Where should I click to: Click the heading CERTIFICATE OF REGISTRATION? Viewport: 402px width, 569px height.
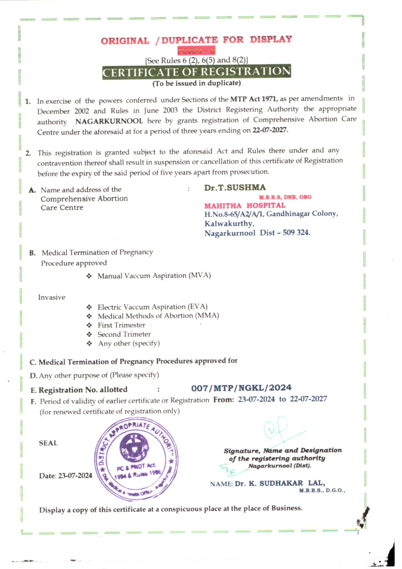pyautogui.click(x=197, y=72)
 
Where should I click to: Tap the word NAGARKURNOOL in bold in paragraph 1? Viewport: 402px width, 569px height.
pyautogui.click(x=109, y=121)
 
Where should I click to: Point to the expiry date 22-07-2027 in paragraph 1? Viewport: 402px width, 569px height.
pyautogui.click(x=270, y=130)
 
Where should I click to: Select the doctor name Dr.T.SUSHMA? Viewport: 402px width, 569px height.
pyautogui.click(x=235, y=188)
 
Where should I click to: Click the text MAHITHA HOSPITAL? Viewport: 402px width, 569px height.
pyautogui.click(x=245, y=206)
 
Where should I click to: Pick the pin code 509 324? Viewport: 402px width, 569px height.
pyautogui.click(x=296, y=233)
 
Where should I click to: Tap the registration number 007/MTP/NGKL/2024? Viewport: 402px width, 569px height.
pyautogui.click(x=241, y=388)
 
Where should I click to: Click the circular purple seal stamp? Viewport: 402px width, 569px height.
pyautogui.click(x=136, y=459)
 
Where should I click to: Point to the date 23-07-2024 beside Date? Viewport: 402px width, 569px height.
pyautogui.click(x=75, y=476)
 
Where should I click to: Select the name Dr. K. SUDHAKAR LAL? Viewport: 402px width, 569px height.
pyautogui.click(x=280, y=483)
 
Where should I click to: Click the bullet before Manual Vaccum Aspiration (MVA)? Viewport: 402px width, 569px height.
pyautogui.click(x=89, y=276)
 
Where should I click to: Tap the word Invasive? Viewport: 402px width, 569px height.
pyautogui.click(x=52, y=297)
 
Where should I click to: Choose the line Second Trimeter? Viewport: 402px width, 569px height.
pyautogui.click(x=124, y=334)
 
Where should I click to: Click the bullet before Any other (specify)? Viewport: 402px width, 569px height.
pyautogui.click(x=89, y=344)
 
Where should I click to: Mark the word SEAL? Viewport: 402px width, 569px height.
pyautogui.click(x=48, y=443)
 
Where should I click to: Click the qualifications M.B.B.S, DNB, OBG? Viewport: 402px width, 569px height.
pyautogui.click(x=285, y=197)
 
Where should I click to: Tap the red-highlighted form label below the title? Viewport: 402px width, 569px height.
pyautogui.click(x=196, y=50)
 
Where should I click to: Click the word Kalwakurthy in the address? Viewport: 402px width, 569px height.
pyautogui.click(x=229, y=224)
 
